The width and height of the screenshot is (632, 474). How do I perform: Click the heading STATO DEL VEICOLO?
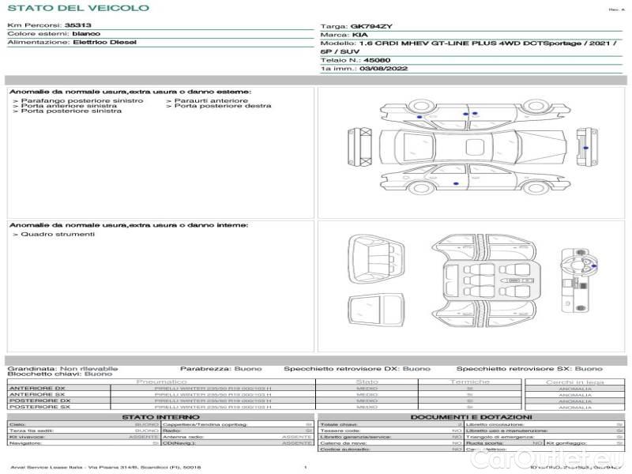pos(77,8)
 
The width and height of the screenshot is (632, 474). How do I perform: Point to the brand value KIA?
pos(359,36)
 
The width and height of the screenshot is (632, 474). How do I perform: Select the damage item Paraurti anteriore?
pos(210,100)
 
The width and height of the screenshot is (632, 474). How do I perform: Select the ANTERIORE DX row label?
pos(36,388)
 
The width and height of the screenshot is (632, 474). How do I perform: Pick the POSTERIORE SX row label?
pos(36,407)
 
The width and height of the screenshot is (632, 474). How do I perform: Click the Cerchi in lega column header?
pos(574,382)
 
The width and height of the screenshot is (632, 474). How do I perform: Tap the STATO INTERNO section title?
pos(161,416)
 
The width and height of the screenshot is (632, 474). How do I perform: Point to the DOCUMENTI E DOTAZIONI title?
pos(471,416)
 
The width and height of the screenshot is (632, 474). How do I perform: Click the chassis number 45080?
pos(374,59)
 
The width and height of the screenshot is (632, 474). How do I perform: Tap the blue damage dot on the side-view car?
pos(456,183)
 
